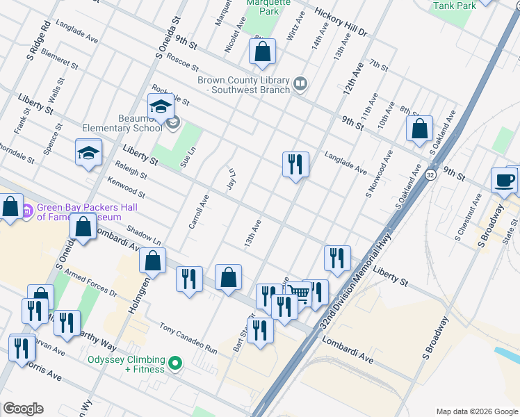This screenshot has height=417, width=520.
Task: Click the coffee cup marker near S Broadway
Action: click(x=504, y=180)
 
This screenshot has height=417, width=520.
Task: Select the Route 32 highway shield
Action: click(x=432, y=172)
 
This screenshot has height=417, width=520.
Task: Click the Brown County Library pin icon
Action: click(x=300, y=84)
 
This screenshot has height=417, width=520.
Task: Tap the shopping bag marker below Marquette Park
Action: click(x=262, y=51)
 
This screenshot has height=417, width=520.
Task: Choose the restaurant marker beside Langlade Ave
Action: click(x=295, y=165)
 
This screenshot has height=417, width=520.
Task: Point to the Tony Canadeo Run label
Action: click(x=188, y=338)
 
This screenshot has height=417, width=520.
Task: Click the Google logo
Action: click(x=23, y=408)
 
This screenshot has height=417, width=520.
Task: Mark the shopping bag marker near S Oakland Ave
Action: click(x=419, y=129)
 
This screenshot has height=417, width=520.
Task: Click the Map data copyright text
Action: click(x=476, y=411)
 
